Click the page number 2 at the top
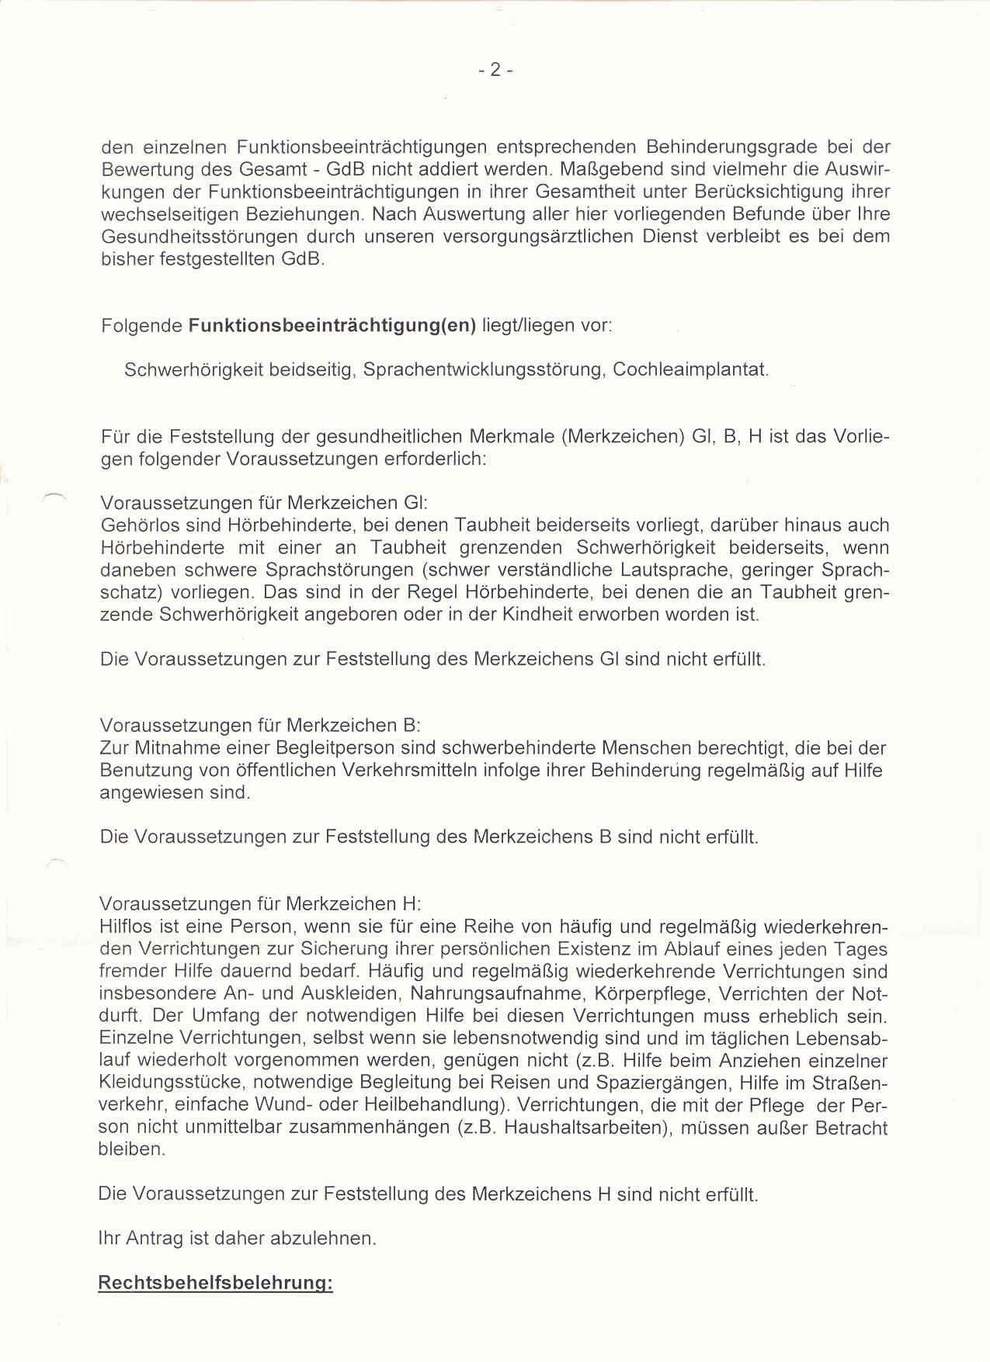(495, 70)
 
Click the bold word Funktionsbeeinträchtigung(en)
(332, 325)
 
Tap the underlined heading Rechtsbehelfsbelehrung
(215, 1283)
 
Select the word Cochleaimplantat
(690, 369)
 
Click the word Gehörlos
(137, 525)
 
